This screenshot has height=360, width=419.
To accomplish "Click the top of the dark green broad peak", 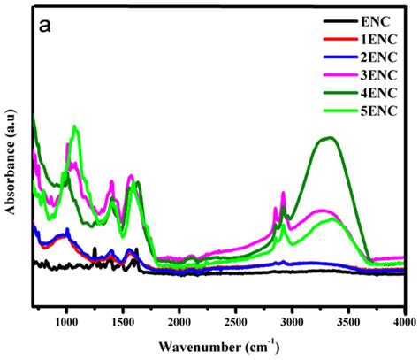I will (330, 138).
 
